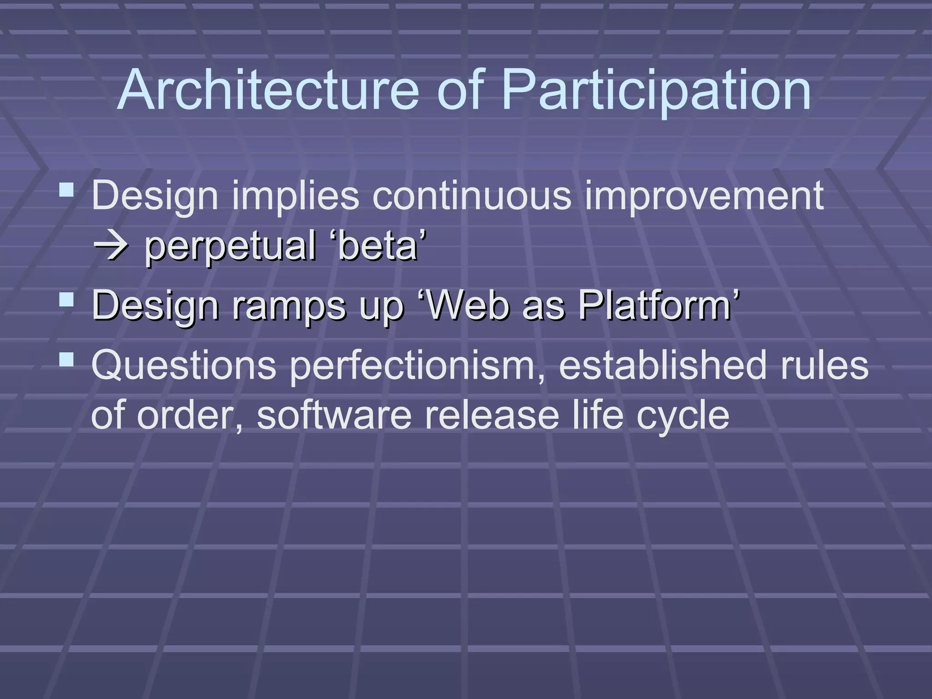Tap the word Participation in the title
[655, 91]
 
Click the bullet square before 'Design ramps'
[66, 300]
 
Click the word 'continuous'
[471, 196]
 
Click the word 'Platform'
[655, 305]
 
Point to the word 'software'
[334, 415]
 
